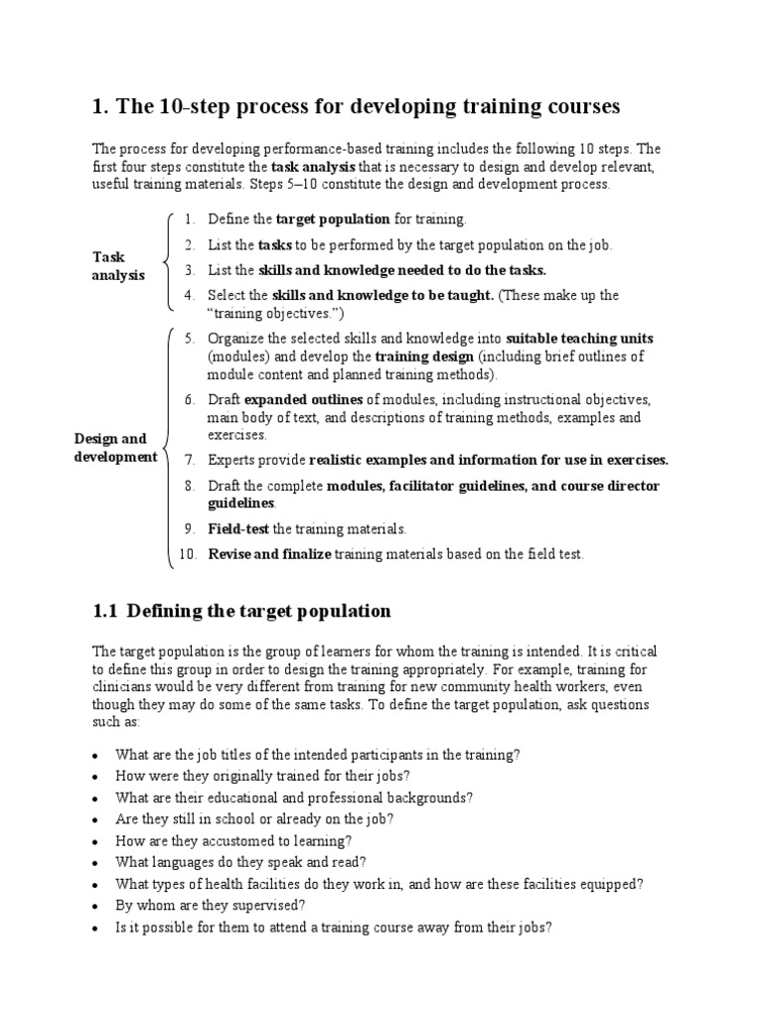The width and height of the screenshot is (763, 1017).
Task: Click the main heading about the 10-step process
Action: point(356,105)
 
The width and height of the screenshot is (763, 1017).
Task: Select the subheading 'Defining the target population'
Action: point(241,611)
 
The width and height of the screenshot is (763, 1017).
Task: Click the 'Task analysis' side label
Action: point(118,265)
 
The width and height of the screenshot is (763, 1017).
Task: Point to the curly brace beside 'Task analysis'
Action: point(166,263)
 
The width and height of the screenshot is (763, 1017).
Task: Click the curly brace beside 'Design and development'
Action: point(169,447)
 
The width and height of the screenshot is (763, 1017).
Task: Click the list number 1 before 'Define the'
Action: point(190,218)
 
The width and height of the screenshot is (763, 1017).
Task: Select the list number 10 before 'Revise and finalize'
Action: point(188,554)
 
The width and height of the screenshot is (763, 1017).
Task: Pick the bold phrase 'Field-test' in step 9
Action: point(238,529)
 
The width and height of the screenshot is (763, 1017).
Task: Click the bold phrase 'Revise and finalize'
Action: point(269,554)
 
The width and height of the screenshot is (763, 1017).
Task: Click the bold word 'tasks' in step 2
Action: point(274,244)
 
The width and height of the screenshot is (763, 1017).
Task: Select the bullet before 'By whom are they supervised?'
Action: point(94,907)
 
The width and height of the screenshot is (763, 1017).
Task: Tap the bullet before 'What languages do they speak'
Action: point(94,863)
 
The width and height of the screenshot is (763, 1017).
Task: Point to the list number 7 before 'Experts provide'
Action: point(190,460)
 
